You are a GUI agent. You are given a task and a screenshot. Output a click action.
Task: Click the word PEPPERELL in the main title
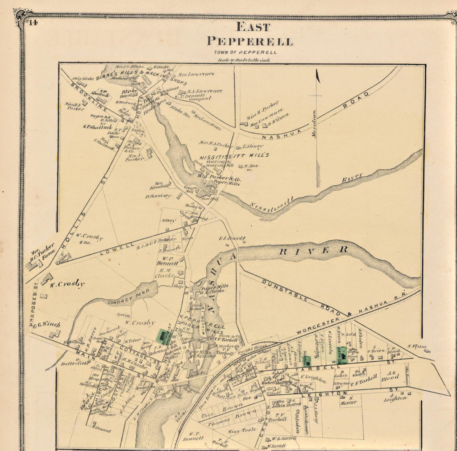click(x=250, y=42)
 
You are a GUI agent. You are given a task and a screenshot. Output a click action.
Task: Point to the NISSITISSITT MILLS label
click(x=234, y=155)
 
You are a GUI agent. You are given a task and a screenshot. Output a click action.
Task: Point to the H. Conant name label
click(x=101, y=430)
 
